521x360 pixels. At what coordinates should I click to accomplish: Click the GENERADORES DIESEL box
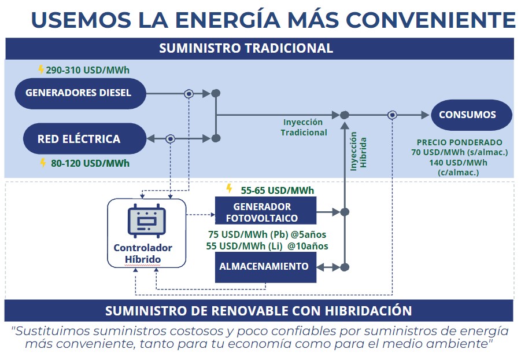click(x=79, y=93)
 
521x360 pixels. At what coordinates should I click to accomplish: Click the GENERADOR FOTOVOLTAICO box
click(x=265, y=212)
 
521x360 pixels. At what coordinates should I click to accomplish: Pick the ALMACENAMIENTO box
click(x=265, y=267)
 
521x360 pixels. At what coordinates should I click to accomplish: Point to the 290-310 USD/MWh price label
click(x=87, y=71)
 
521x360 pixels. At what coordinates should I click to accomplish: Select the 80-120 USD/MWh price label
click(x=90, y=163)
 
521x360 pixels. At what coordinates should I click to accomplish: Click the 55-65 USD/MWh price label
click(x=277, y=189)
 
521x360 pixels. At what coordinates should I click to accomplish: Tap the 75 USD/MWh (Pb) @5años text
click(x=268, y=234)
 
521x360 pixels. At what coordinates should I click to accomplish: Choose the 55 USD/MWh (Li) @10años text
click(x=267, y=246)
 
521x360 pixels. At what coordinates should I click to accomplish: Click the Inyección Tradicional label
click(x=304, y=127)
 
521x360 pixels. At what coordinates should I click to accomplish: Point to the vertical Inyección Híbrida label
click(x=359, y=149)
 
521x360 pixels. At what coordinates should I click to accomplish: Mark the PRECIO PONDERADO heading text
click(x=460, y=142)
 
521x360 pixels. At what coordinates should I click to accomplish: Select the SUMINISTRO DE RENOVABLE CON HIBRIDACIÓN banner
click(x=258, y=311)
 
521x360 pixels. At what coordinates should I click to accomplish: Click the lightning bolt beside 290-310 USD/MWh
click(x=40, y=70)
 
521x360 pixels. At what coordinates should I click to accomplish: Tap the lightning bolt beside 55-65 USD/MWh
click(x=230, y=189)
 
